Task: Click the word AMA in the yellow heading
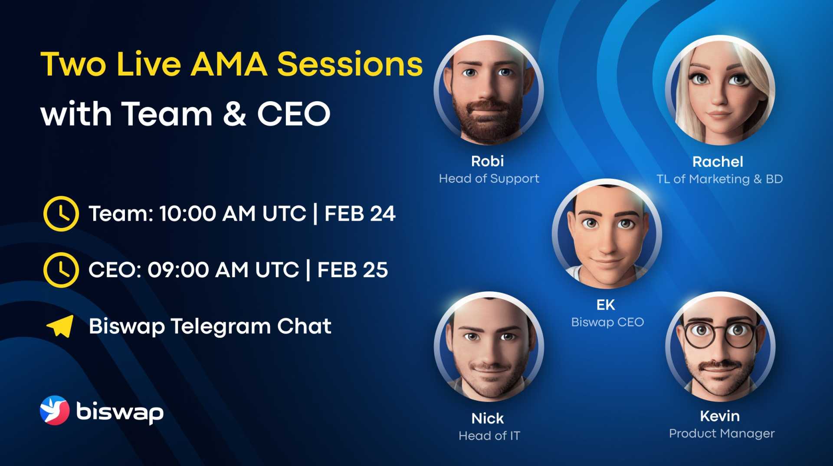coord(229,64)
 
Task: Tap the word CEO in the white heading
coord(294,114)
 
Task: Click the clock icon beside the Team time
coord(61,214)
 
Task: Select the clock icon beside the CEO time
coord(61,270)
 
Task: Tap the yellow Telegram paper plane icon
coord(60,326)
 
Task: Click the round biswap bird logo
coord(55,410)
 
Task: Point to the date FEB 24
coord(360,214)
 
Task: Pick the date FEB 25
coord(353,270)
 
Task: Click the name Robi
coord(488,161)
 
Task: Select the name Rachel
coord(718,162)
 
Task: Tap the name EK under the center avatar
coord(606,305)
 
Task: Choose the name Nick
coord(488,418)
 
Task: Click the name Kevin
coord(720,416)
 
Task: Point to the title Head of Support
coord(489,178)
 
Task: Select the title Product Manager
coord(722,433)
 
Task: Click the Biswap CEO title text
coord(607,322)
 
